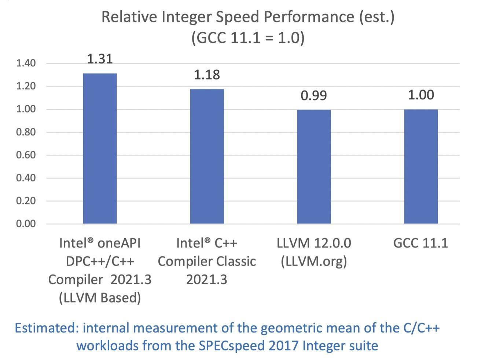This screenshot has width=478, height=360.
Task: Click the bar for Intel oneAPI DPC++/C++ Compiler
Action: [100, 148]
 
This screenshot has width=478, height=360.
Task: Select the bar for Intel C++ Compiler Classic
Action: [207, 156]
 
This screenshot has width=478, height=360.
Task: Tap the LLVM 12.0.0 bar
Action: [314, 167]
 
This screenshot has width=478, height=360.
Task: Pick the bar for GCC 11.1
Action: [421, 166]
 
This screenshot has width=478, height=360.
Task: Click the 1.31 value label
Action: [100, 59]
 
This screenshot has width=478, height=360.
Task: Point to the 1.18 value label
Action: [207, 75]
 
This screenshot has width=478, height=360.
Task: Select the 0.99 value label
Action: [314, 95]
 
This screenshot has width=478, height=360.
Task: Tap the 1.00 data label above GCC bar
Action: [421, 95]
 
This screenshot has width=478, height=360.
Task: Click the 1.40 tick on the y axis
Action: [26, 63]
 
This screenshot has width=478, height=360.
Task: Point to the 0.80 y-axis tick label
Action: [26, 132]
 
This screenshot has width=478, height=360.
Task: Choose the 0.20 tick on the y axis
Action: [26, 201]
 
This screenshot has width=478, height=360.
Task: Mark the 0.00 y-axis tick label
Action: [26, 224]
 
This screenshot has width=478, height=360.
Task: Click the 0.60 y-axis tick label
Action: [26, 155]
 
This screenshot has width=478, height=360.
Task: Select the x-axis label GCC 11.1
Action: [420, 243]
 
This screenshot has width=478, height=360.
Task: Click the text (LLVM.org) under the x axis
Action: [314, 261]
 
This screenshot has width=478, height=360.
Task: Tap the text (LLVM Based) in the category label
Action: [100, 298]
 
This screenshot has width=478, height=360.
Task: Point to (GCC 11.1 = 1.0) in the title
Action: [248, 38]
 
